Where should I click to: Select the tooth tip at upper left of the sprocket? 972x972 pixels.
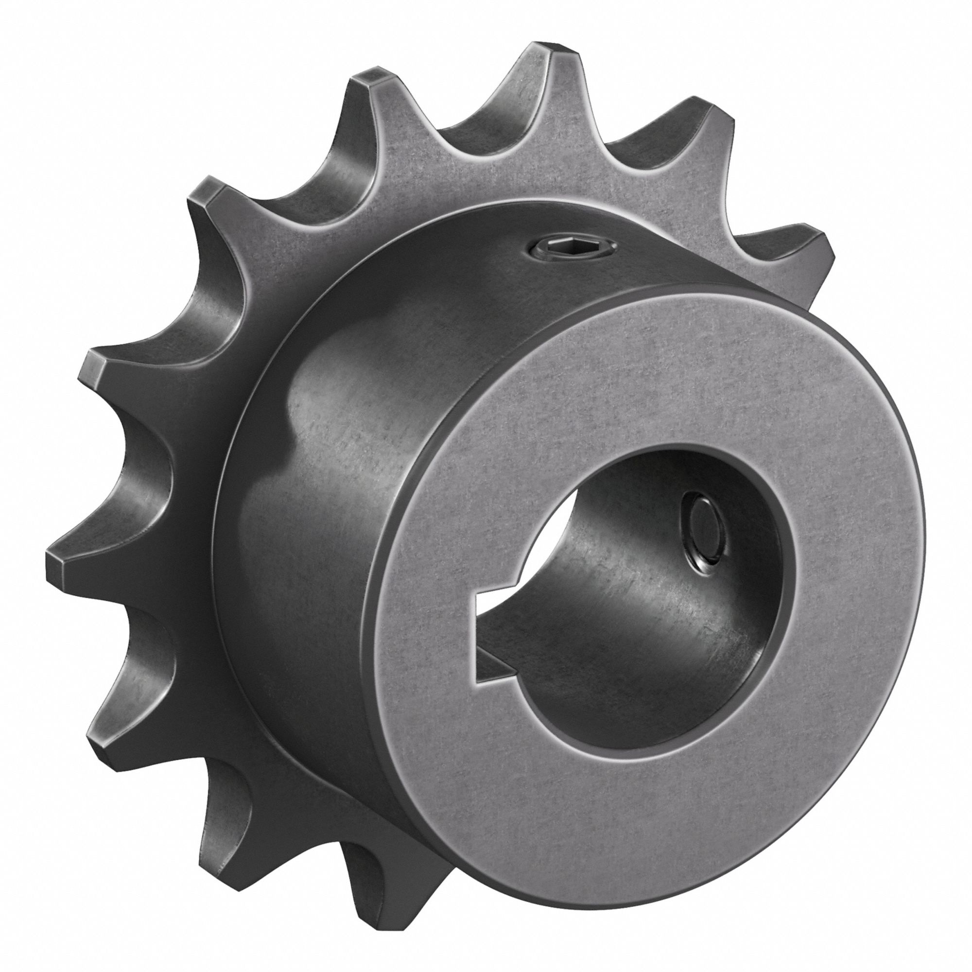pos(201,194)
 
